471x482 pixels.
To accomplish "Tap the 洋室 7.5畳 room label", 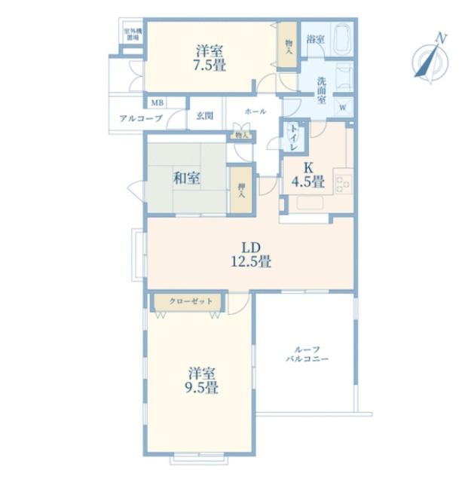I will tap(209, 58).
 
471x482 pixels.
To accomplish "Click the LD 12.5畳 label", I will tap(250, 255).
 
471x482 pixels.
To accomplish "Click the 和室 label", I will tap(186, 178).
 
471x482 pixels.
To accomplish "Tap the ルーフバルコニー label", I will tap(306, 354).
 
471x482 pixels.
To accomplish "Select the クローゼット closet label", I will tap(185, 301).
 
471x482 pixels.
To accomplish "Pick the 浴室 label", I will tap(314, 38).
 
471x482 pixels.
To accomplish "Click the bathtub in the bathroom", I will tap(341, 39).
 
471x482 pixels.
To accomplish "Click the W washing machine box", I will tap(343, 107).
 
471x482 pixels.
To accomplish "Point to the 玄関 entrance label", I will tap(204, 116).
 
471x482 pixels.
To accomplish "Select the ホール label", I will tap(255, 111).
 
